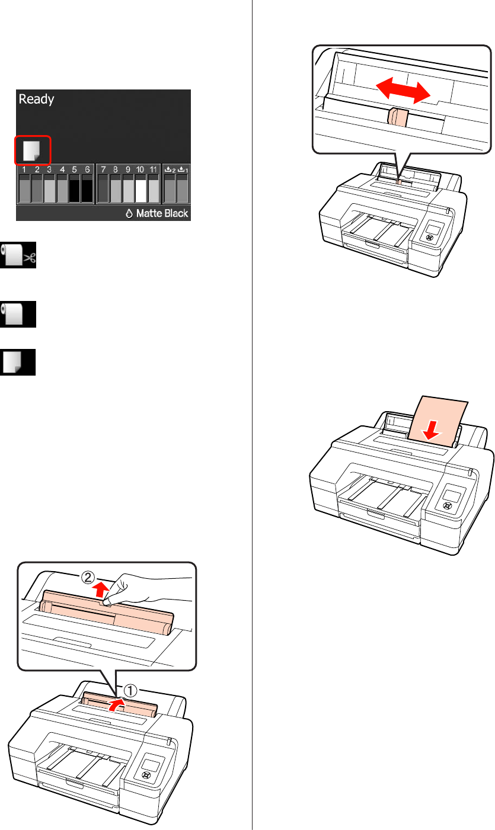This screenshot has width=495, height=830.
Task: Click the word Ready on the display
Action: tap(36, 100)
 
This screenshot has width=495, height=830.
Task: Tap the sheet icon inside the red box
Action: tap(31, 150)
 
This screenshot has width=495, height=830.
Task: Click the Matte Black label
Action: tap(162, 213)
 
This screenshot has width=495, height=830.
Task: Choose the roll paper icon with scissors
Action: tap(18, 255)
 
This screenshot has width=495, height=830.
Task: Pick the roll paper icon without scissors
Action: tap(18, 314)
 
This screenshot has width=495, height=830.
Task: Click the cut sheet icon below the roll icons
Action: tap(18, 362)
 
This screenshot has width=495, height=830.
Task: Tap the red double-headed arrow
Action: tap(403, 90)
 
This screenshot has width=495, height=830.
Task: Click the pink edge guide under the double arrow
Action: tap(398, 117)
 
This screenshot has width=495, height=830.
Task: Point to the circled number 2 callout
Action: tap(88, 578)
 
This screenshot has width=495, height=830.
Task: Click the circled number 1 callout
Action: tap(130, 691)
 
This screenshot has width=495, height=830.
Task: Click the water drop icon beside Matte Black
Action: tap(129, 213)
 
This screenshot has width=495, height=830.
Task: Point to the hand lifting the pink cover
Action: tap(148, 589)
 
